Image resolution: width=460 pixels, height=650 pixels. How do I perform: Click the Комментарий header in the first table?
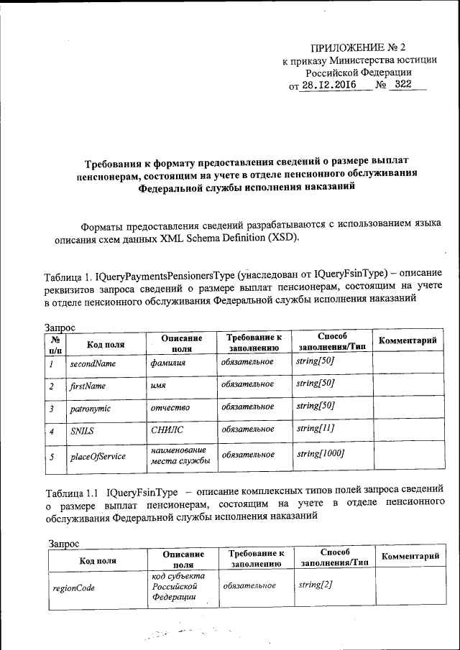click(x=408, y=340)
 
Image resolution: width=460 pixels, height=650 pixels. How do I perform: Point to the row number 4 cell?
click(x=52, y=432)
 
